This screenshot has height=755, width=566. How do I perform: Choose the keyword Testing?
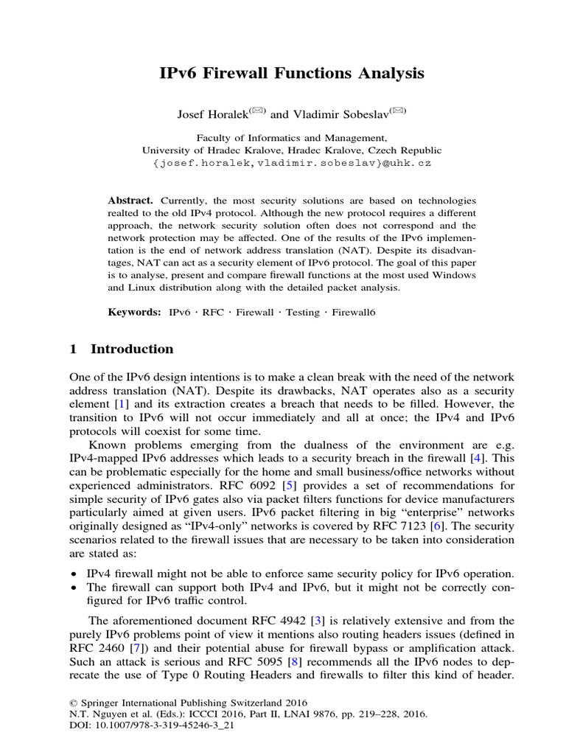coord(302,313)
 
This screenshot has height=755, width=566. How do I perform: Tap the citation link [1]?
coord(125,404)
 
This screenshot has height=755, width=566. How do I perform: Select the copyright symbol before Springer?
coord(72,703)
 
